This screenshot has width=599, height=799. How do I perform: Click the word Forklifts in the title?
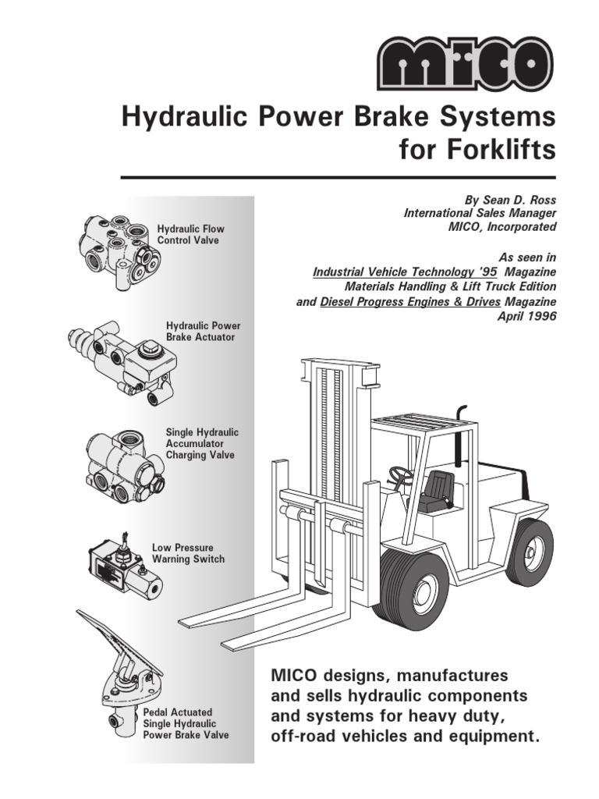pos(477,149)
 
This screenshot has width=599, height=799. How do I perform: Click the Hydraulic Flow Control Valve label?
pos(190,235)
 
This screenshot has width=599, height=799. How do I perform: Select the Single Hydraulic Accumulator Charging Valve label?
pos(202,443)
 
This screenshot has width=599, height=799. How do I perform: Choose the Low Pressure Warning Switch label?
pos(187,554)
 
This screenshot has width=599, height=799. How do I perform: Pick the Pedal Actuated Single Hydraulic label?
pos(186,723)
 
